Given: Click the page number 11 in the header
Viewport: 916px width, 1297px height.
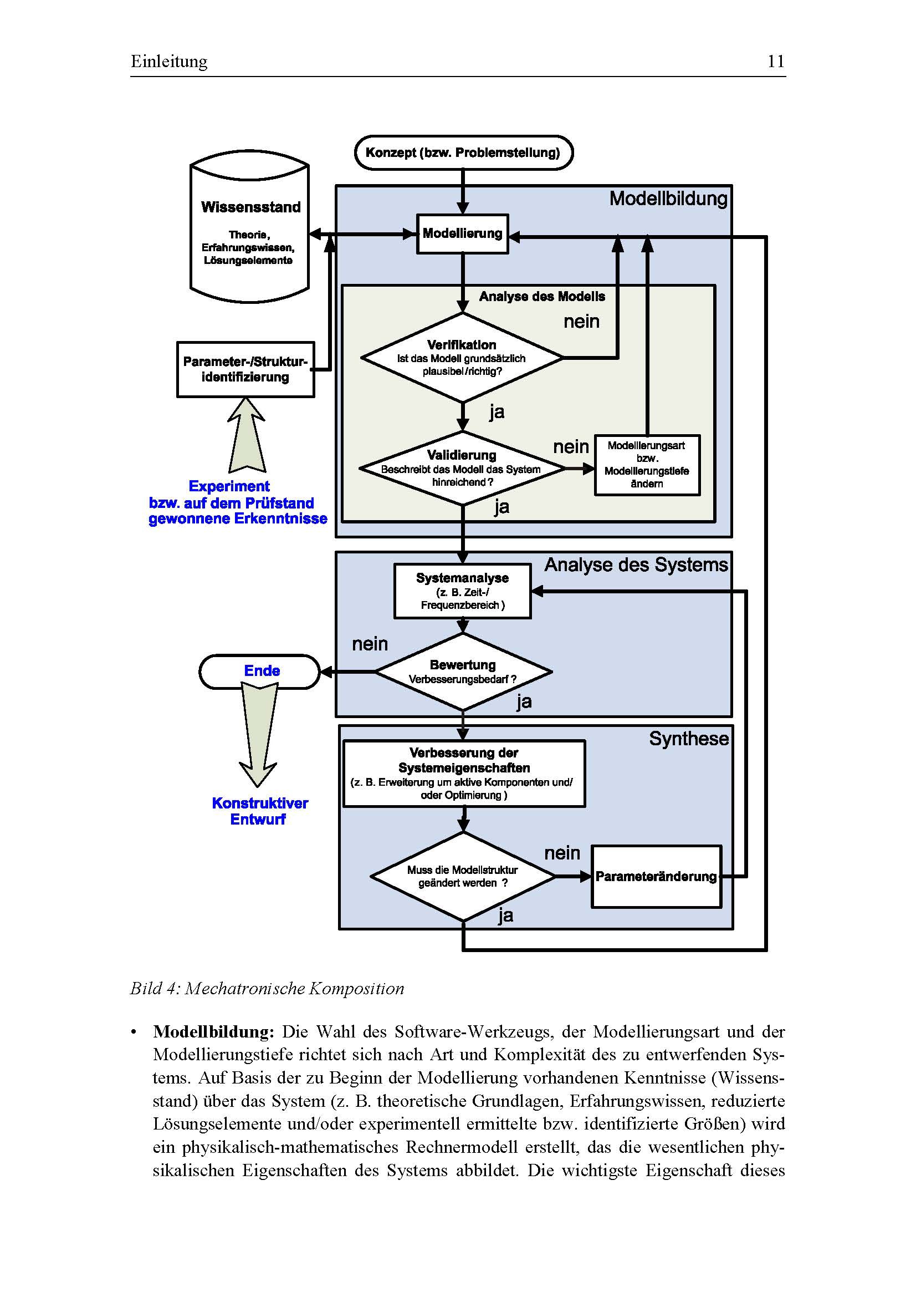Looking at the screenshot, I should point(775,61).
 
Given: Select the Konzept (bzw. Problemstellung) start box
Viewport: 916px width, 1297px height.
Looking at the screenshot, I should point(463,152).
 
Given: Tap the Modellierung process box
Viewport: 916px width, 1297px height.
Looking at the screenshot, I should point(462,234).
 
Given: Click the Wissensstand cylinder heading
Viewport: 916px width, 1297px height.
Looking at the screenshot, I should point(250,207).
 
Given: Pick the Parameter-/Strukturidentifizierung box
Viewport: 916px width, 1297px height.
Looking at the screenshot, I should point(245,369).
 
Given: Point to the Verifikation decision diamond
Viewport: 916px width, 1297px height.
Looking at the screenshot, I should point(462,358).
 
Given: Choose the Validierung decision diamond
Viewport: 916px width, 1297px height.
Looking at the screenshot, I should point(462,469).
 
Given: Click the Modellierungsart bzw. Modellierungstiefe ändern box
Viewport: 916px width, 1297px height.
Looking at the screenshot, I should point(647,465).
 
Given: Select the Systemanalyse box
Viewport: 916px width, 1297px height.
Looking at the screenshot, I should point(462,591).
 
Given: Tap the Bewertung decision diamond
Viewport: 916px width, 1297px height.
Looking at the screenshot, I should point(463,672).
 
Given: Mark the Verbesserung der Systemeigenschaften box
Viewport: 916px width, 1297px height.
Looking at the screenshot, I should point(464,774).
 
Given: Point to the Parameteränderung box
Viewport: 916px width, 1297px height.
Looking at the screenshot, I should point(656,877).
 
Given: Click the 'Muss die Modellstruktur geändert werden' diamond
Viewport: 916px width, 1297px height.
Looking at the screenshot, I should point(463,877).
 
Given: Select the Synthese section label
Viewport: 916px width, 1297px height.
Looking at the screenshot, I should point(689,739).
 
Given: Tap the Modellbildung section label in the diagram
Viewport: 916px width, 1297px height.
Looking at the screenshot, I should point(668,199).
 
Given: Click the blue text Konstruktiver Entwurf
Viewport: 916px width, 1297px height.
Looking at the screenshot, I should point(260,811).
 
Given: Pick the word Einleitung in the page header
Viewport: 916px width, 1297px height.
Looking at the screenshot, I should point(170,61).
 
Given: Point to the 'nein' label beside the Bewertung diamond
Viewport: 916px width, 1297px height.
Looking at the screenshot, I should point(370,644).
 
